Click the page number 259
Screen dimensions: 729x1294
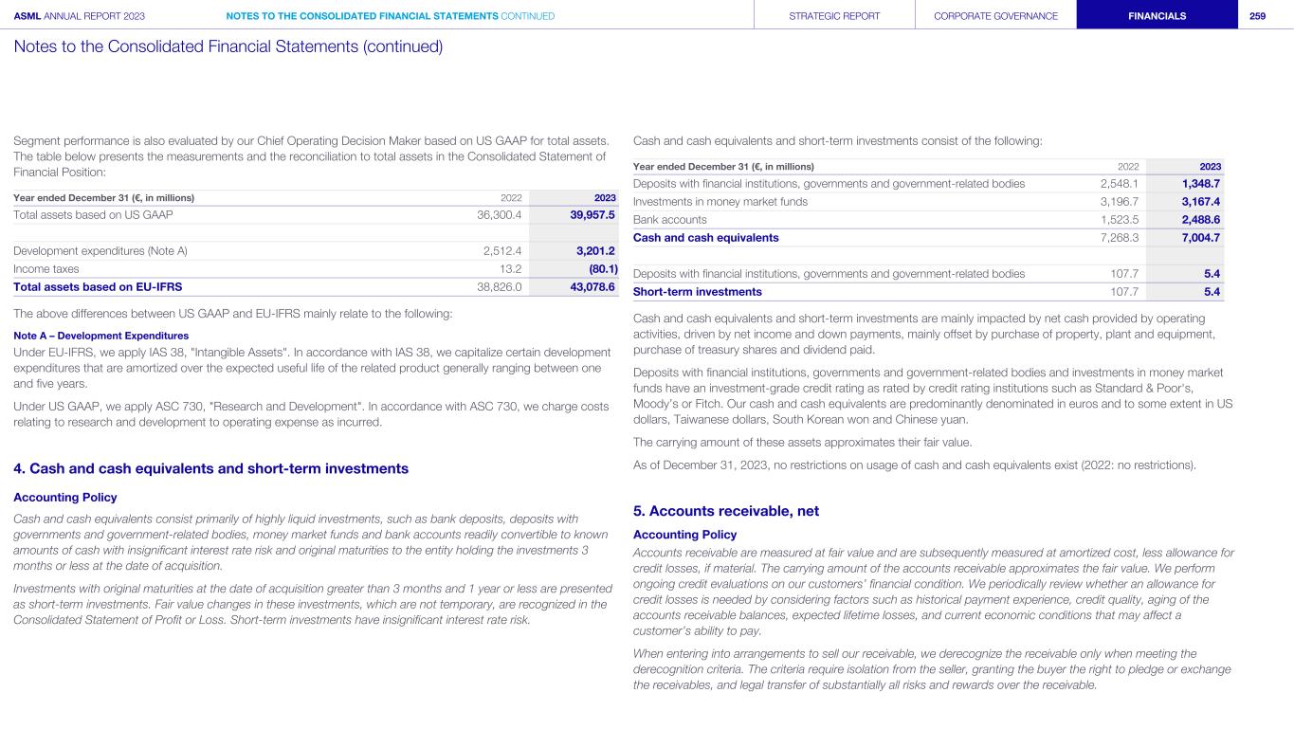[1257, 15]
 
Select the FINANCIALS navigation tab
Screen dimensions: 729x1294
[1157, 15]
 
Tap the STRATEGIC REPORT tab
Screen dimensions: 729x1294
[834, 15]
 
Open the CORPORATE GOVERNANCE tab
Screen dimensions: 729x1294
[995, 15]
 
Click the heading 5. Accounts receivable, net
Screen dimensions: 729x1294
[725, 511]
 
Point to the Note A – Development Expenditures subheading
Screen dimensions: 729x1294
[100, 336]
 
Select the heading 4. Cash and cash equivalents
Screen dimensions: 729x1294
[210, 468]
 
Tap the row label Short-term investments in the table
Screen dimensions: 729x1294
[697, 291]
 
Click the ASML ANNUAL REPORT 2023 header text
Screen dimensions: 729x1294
[79, 15]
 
